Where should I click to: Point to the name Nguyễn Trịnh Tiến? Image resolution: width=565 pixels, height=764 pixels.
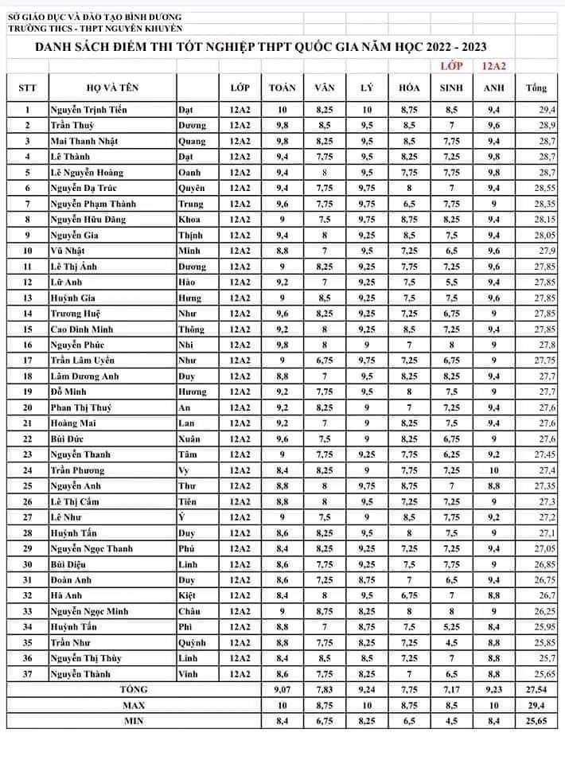88,110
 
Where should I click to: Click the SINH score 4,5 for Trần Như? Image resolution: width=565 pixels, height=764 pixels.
451,642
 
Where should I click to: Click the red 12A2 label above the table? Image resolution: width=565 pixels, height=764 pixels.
494,68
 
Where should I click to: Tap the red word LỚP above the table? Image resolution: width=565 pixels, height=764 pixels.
451,68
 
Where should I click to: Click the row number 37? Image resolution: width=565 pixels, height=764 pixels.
28,674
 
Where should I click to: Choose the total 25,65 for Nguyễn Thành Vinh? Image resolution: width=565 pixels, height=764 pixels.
544,674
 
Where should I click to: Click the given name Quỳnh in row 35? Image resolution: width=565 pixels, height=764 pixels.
193,642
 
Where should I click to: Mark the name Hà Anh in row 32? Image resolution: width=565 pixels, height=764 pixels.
65,595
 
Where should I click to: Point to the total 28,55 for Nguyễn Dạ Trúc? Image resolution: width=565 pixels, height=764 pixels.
544,189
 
